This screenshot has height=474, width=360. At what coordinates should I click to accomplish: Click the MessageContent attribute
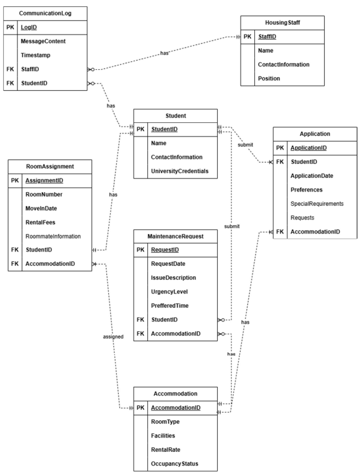click(43, 41)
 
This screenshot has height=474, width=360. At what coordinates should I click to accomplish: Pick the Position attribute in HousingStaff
click(270, 78)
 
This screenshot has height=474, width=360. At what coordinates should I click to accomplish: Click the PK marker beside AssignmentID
click(15, 181)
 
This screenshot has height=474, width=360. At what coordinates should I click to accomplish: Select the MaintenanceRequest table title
click(176, 235)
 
